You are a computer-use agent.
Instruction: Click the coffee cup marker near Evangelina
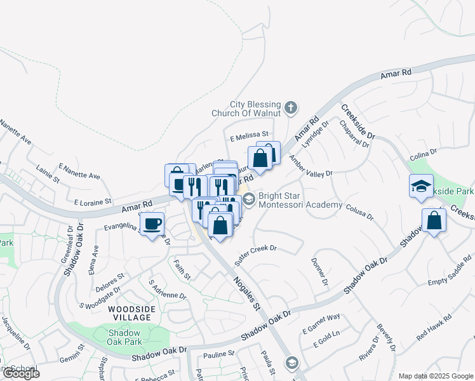[151, 224]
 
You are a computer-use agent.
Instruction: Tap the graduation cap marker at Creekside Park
[421, 186]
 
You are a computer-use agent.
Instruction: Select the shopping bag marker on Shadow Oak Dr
[434, 221]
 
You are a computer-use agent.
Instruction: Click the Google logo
[21, 373]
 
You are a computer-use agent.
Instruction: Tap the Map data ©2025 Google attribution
[436, 376]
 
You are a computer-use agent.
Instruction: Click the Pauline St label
[218, 353]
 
